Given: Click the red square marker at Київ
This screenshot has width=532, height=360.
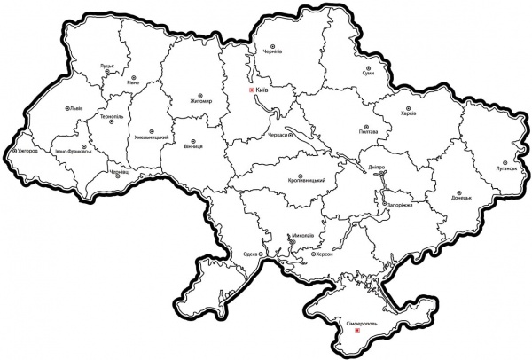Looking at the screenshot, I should [252, 90].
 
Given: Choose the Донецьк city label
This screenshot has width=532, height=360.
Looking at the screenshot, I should [461, 198].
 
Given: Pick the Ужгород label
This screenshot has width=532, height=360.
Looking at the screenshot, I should [25, 152].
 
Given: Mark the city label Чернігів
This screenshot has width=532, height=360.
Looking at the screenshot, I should [270, 51].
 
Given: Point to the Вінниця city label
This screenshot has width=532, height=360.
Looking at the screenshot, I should [192, 143].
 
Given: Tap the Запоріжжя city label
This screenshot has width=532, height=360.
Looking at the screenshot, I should [401, 205].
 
